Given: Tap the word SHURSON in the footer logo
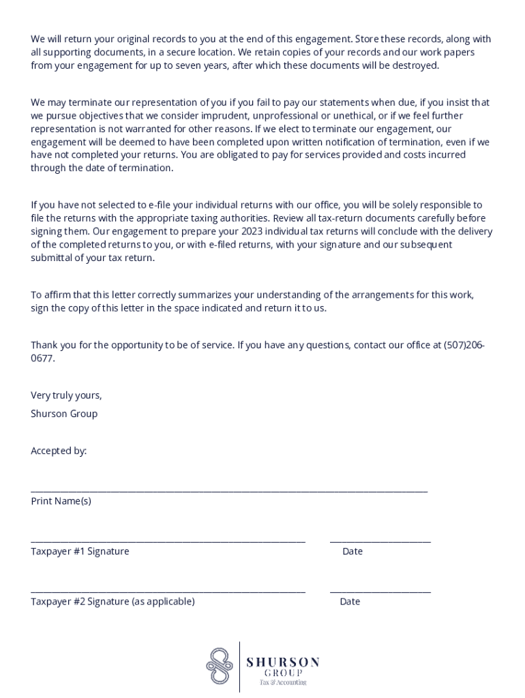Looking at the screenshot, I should tap(283, 662).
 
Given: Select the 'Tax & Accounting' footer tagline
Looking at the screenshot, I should tap(283, 682).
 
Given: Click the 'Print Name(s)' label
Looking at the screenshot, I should tap(61, 501).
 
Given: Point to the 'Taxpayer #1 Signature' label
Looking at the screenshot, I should tap(80, 551).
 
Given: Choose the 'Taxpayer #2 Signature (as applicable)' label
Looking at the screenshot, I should tap(112, 601).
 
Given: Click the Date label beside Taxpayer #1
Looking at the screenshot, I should tap(352, 551).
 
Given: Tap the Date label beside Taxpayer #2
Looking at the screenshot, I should tap(350, 601).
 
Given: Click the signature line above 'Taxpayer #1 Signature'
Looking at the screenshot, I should tap(168, 541).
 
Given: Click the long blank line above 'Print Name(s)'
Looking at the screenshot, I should tap(229, 491).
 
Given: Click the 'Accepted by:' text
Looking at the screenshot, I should tap(59, 451).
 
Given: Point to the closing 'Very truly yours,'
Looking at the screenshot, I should tap(66, 395).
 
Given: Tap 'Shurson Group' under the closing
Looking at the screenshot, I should tap(64, 414).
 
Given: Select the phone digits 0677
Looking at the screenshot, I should tap(42, 358).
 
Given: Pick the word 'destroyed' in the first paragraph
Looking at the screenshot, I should tap(415, 65).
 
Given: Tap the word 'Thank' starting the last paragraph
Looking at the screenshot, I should tap(44, 345).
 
